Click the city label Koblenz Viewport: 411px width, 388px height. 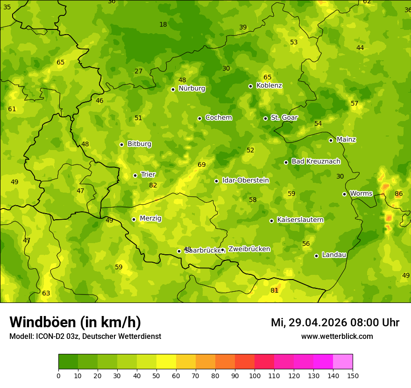(x=269, y=86)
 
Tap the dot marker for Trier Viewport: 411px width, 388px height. (x=135, y=175)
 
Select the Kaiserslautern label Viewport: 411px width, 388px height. (x=300, y=220)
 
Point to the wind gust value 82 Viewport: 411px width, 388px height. (x=153, y=185)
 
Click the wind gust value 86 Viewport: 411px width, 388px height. (x=398, y=194)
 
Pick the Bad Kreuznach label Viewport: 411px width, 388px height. (x=316, y=161)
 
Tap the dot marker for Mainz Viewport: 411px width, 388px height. (x=331, y=140)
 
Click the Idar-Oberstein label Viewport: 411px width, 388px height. (x=245, y=180)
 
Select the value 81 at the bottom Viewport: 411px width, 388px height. (x=275, y=290)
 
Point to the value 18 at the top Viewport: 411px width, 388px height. (x=163, y=24)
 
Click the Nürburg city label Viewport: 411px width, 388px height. (x=191, y=88)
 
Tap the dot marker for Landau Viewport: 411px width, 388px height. (x=316, y=256)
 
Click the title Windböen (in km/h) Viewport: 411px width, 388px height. (x=75, y=323)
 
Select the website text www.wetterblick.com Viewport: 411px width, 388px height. (x=337, y=337)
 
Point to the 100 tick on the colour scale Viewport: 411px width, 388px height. (x=255, y=375)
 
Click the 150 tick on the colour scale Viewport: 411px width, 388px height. (x=353, y=375)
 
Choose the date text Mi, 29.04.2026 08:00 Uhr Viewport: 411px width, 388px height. (x=335, y=323)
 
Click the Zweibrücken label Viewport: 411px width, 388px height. (x=249, y=249)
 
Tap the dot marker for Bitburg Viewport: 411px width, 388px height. (x=121, y=144)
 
